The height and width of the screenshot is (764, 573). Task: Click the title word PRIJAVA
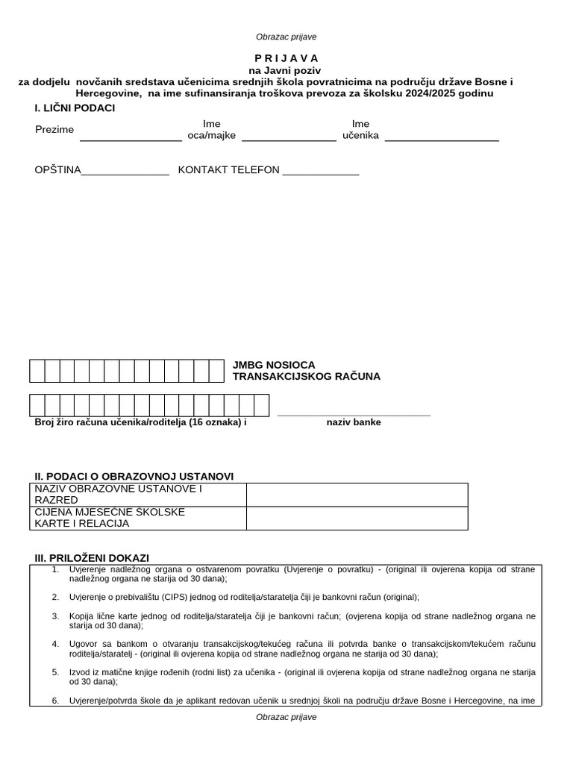tap(286, 58)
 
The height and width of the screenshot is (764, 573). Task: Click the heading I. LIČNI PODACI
tap(75, 108)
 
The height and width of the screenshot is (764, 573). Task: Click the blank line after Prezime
tap(131, 138)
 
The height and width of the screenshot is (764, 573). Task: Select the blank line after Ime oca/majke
tap(289, 138)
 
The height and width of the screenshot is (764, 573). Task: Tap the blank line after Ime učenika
tap(442, 138)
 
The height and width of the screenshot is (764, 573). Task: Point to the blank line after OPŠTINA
tap(125, 173)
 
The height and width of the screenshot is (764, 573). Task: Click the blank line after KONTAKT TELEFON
tap(321, 173)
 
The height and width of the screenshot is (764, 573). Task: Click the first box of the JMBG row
tap(37, 371)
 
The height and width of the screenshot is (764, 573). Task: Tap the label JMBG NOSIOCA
tap(274, 365)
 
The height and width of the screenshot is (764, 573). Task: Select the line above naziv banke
tap(354, 414)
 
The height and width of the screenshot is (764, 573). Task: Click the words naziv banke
tap(354, 422)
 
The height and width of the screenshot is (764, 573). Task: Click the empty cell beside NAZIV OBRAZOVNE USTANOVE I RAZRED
tap(357, 495)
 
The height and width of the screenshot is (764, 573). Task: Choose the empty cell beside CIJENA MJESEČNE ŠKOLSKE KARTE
tap(357, 518)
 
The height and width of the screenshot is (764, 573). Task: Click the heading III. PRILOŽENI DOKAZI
tap(92, 558)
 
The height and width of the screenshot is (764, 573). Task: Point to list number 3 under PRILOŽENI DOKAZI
tap(55, 616)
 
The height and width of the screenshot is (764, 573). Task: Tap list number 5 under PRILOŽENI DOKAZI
tap(55, 672)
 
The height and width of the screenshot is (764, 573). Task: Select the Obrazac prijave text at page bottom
tap(286, 717)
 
